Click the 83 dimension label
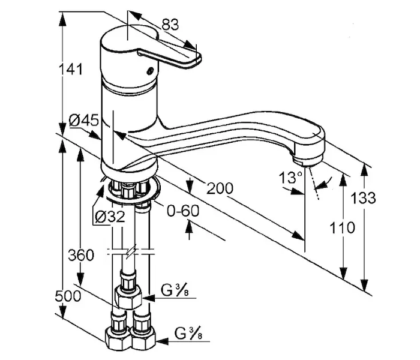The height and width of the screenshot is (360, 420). [170, 25]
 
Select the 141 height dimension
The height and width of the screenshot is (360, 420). [71, 70]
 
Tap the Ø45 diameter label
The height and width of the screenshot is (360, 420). [84, 120]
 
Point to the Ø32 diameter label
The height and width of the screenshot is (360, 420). [110, 217]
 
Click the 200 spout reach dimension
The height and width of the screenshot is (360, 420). [220, 188]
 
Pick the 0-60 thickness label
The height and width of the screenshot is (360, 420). [183, 211]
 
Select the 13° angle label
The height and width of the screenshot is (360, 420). [290, 178]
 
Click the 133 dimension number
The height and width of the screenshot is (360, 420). [363, 198]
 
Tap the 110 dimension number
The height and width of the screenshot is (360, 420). [342, 228]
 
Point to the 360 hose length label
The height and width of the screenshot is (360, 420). [81, 255]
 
